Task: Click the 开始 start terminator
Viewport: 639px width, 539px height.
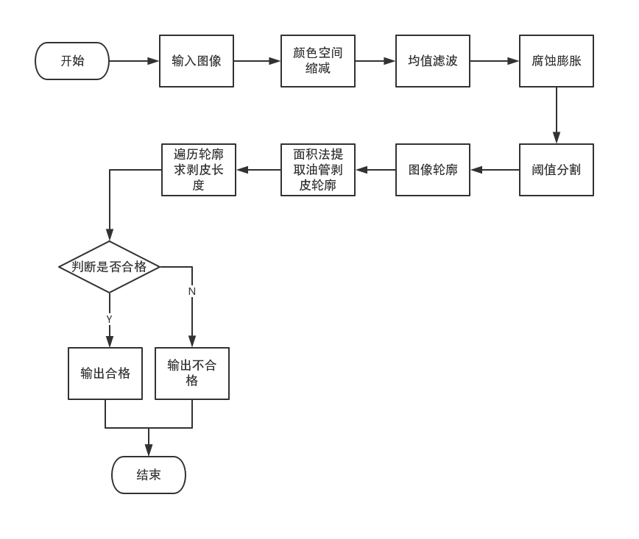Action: click(72, 61)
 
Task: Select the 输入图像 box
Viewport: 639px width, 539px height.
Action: click(197, 61)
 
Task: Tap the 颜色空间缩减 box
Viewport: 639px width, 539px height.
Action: click(318, 61)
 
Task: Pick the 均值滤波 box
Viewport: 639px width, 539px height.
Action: click(433, 61)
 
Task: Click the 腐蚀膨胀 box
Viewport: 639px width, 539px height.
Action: click(557, 61)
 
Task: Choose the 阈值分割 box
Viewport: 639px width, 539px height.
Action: click(557, 170)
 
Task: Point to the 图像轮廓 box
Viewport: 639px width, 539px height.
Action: click(433, 170)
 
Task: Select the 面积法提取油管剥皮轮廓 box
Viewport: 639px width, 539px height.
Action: click(318, 170)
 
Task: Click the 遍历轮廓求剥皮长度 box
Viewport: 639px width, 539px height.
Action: click(199, 170)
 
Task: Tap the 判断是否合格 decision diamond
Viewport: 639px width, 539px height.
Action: click(109, 267)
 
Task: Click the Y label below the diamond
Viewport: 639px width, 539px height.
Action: click(109, 319)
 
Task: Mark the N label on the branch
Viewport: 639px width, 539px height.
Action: click(192, 291)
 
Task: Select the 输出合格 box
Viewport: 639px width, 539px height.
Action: click(105, 374)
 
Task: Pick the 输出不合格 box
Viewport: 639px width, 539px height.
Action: click(192, 374)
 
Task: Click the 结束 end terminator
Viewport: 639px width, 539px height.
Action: click(149, 475)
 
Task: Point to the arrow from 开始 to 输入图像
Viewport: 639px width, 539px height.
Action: click(134, 61)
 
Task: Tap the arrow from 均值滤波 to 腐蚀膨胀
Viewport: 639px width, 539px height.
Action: click(495, 61)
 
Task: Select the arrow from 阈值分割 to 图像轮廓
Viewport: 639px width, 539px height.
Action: click(495, 170)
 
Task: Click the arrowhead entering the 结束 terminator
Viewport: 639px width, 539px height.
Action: click(149, 451)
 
